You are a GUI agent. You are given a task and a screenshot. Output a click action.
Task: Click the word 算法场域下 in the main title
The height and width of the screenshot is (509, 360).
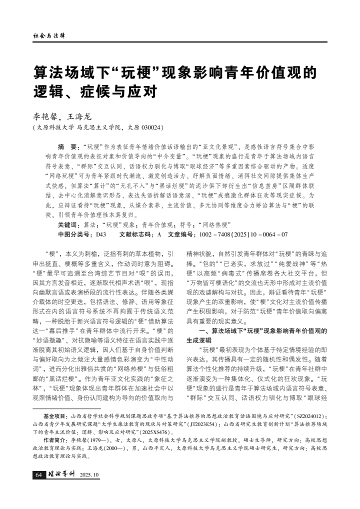(x=69, y=72)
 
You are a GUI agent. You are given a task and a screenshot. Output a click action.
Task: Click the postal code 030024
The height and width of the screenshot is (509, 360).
(x=150, y=128)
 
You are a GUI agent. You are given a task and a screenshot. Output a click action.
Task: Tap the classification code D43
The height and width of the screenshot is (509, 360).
(x=100, y=233)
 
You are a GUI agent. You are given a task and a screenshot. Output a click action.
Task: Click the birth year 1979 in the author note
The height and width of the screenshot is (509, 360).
(x=94, y=440)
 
